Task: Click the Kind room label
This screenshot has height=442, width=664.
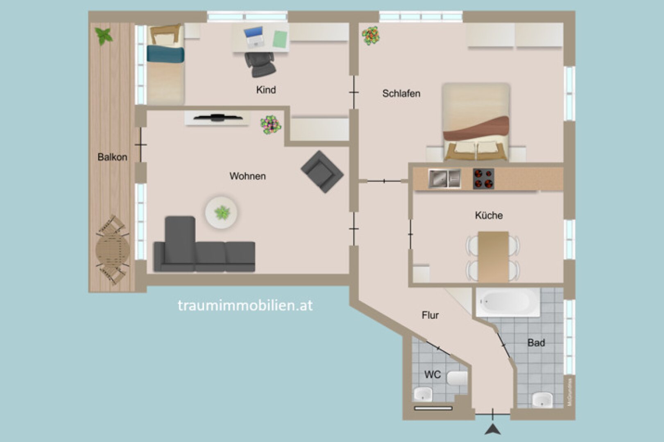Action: (266, 90)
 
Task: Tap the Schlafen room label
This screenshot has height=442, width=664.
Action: (401, 93)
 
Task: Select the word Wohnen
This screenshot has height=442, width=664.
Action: (247, 176)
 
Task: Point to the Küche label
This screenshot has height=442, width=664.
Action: (489, 215)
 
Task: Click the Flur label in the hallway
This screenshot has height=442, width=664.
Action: (430, 315)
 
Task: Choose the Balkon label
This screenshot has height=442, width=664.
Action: (112, 157)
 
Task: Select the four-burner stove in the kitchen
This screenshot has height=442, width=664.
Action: (483, 179)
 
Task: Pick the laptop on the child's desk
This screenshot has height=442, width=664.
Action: (254, 37)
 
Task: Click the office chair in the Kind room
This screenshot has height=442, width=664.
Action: (260, 64)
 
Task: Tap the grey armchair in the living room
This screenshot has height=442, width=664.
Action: (322, 171)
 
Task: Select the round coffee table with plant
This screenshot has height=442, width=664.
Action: (222, 212)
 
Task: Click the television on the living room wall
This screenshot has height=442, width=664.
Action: (218, 118)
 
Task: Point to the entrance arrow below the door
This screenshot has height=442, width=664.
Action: (493, 429)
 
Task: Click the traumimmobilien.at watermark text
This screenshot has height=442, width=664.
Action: (245, 305)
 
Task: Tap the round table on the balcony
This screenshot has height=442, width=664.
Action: (112, 249)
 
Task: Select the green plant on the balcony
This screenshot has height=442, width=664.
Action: (104, 36)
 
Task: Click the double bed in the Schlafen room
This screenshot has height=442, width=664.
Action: (476, 123)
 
